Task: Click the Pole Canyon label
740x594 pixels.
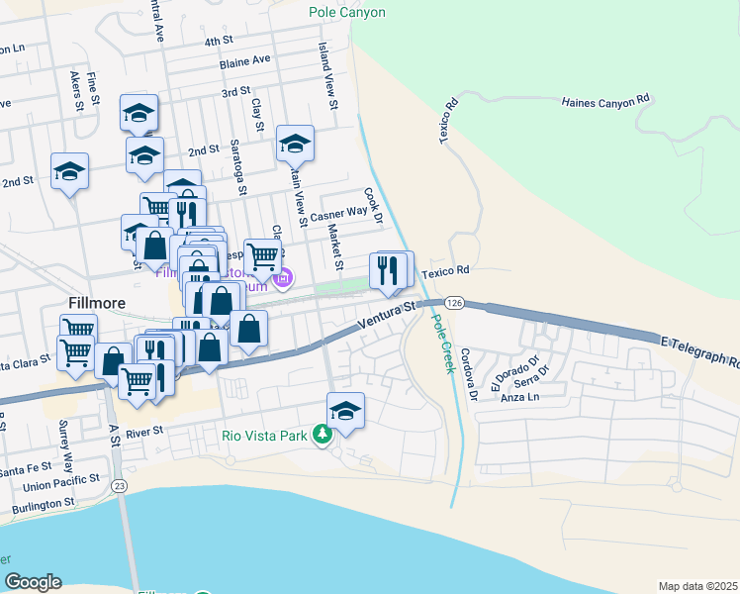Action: pos(346,13)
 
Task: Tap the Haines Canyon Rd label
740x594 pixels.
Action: pos(604,101)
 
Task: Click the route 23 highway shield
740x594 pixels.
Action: pos(120,486)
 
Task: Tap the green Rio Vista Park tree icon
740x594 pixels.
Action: pos(321,434)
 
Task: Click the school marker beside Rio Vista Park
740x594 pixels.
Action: pos(345,410)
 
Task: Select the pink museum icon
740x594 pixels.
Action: pos(284,279)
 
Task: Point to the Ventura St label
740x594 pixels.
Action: pos(387,318)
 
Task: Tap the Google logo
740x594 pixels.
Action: pos(33,582)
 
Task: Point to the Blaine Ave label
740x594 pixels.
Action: pos(245,60)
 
